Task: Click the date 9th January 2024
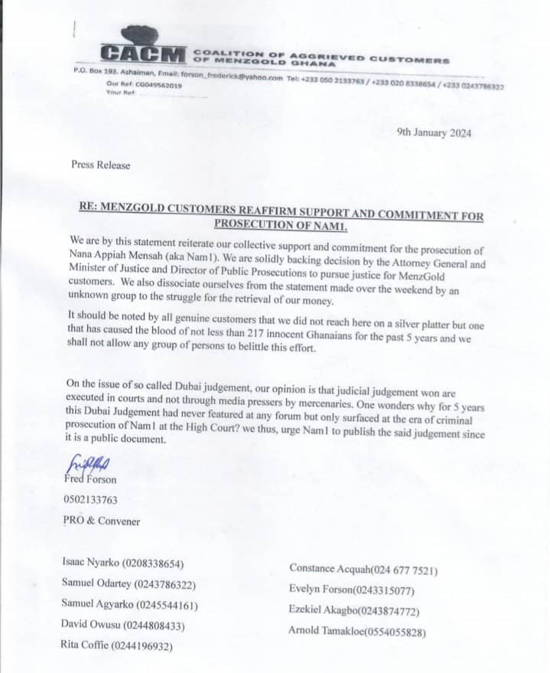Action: click(434, 132)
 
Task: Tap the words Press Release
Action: click(100, 165)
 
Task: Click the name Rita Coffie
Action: click(85, 645)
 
